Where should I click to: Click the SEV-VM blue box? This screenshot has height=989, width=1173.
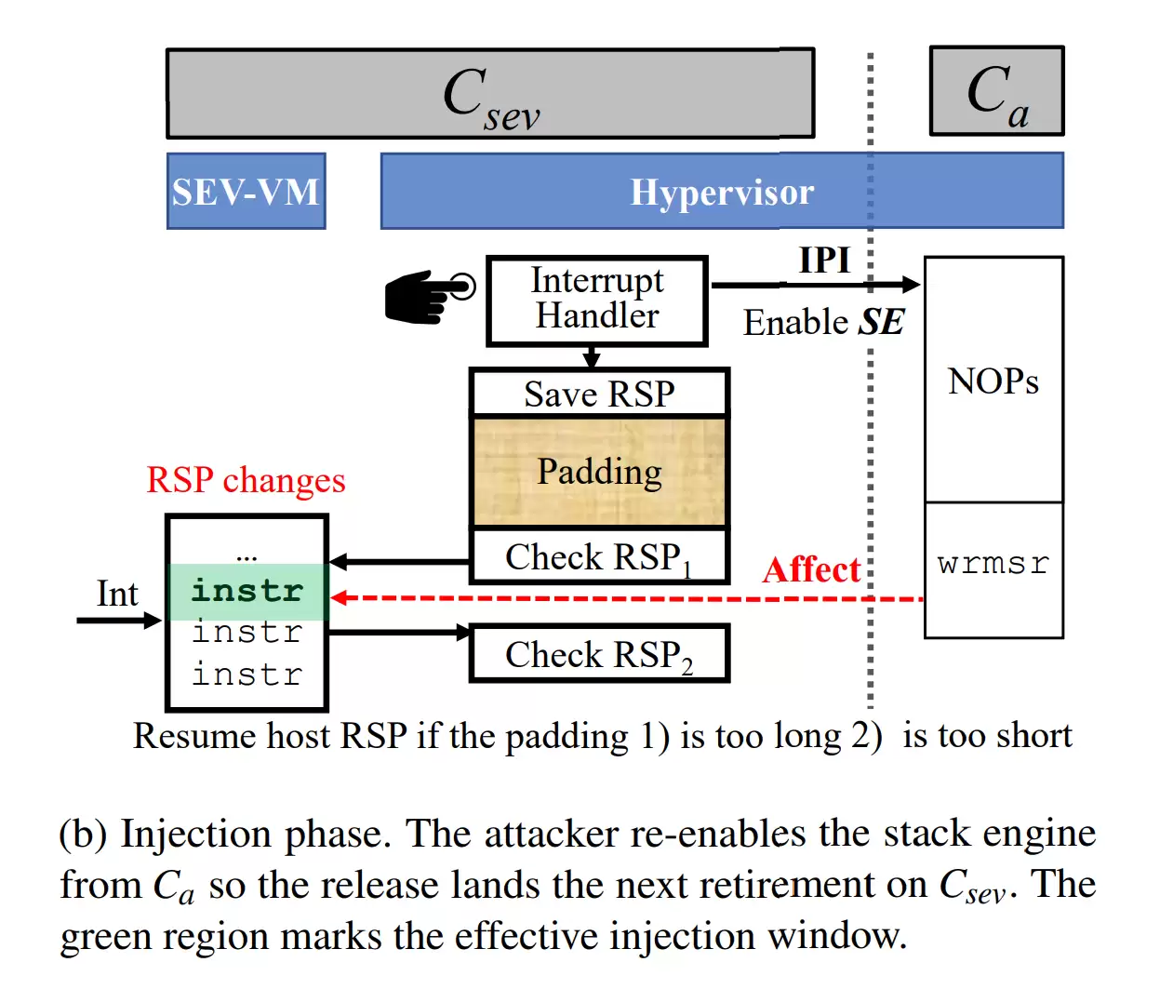246,192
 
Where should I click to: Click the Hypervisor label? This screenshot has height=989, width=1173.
722,193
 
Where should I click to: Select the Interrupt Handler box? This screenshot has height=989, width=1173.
597,300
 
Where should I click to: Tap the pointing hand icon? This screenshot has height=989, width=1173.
429,296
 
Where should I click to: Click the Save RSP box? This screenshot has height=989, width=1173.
599,394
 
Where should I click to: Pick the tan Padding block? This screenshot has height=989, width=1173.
599,472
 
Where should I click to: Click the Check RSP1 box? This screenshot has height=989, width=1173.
599,557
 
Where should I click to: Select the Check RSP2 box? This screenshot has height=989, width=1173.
599,655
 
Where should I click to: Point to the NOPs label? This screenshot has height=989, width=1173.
993,381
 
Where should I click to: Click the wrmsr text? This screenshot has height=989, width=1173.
993,564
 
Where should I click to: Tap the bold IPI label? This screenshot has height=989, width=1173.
824,261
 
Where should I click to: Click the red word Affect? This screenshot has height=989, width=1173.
811,569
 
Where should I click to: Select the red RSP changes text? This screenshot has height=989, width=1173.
246,480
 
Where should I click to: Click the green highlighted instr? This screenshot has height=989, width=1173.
247,591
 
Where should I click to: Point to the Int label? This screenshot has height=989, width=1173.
117,594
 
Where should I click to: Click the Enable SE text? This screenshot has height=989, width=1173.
823,323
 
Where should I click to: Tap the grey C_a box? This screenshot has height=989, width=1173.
996,91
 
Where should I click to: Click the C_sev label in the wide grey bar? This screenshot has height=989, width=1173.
490,97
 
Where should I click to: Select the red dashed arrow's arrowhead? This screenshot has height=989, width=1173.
340,597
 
